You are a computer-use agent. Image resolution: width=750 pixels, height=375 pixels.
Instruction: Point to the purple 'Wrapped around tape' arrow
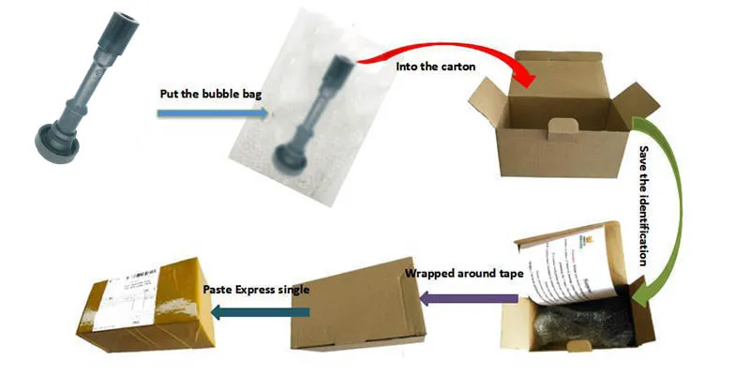pos(469,299)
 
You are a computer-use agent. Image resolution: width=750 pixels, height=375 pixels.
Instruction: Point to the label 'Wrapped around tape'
pos(463,275)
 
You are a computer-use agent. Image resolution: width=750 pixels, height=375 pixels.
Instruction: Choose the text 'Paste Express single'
pos(255,290)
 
